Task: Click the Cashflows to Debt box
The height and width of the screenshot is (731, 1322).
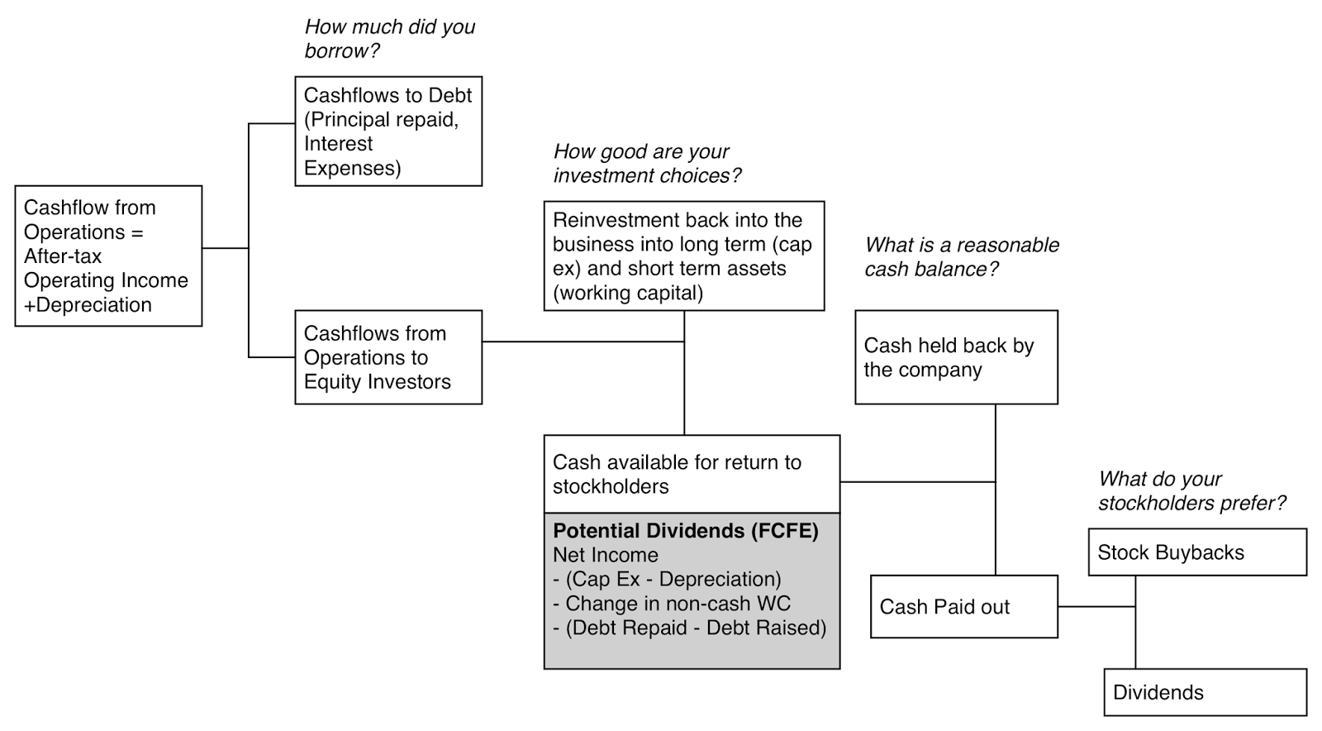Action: coord(388,131)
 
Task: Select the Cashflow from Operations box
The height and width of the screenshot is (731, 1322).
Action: coord(108,256)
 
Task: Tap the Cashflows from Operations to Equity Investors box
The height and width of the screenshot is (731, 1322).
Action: coord(388,357)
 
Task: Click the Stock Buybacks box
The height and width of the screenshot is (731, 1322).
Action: coord(1196,552)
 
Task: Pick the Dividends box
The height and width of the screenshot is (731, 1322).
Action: coord(1205,692)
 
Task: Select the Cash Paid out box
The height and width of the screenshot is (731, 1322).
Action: coord(963,607)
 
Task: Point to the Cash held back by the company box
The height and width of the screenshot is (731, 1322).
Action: coord(956,357)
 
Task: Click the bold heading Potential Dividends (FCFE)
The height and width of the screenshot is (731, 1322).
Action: coord(685,531)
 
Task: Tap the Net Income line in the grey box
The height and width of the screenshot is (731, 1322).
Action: coord(605,555)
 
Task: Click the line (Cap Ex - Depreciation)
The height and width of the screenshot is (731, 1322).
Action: coord(666,579)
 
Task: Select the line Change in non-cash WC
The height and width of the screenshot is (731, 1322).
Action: coord(671,604)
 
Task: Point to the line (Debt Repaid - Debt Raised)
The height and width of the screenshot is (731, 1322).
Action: coord(689,628)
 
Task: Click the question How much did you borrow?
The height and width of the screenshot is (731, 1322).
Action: coord(389,39)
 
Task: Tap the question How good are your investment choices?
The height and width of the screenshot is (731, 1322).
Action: coord(646,164)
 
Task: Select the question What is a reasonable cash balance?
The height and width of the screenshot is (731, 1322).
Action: coord(961,257)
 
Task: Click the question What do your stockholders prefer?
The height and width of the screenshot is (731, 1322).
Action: coord(1191,491)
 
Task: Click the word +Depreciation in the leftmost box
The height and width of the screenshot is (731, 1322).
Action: coord(88,304)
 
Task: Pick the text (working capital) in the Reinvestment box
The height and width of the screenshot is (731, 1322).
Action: coord(627,293)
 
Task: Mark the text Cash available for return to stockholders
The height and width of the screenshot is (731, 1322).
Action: coord(676,474)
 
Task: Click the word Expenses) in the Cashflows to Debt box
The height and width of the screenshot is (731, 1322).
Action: coord(352,168)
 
